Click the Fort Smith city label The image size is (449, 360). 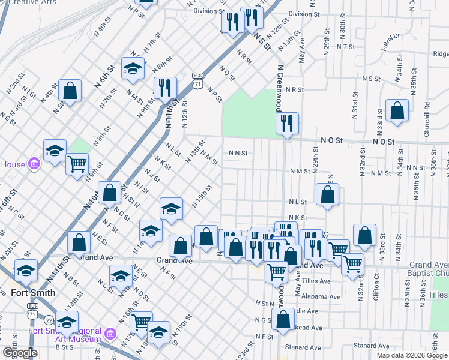(33, 293)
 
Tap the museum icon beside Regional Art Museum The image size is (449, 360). (110, 334)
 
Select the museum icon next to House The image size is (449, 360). (34, 164)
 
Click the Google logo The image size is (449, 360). (20, 353)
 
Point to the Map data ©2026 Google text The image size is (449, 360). (411, 355)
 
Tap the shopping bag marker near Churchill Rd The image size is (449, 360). (397, 111)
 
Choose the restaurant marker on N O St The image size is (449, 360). (287, 124)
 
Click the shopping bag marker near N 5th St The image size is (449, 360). (70, 91)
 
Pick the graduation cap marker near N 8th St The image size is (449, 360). (133, 70)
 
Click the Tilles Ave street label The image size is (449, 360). (316, 281)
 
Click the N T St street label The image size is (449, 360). (346, 46)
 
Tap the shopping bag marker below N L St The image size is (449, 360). (327, 196)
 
